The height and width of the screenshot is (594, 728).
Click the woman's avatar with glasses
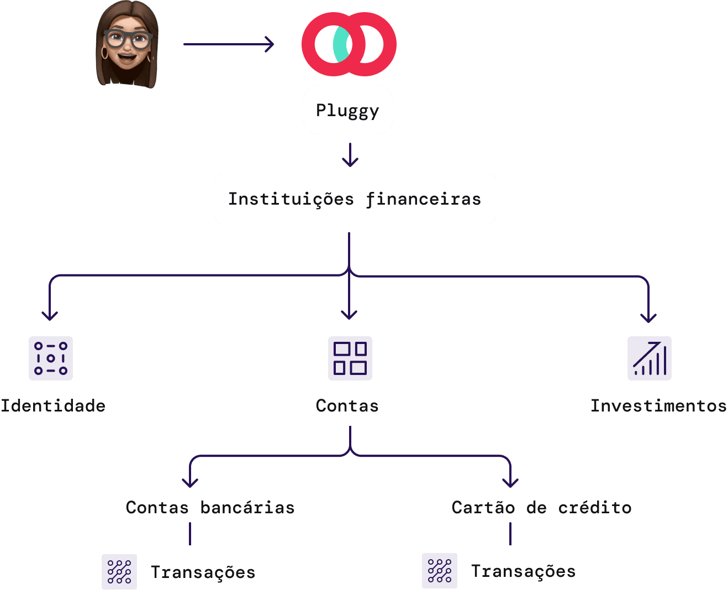127,44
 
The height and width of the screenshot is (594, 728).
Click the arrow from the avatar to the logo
228,44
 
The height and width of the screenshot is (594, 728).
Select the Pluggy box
347,110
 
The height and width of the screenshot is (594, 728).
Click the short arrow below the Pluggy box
350,155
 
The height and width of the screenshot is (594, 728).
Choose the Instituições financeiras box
355,199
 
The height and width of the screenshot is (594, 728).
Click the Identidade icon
51,358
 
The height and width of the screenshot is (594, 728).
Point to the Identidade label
53,405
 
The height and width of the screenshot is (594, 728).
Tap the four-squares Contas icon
350,358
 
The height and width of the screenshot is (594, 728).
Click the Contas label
347,405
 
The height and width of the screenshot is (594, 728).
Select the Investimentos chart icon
649,358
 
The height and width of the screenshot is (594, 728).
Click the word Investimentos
658,405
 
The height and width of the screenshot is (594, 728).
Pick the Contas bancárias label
210,507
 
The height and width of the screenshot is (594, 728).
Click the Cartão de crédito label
541,507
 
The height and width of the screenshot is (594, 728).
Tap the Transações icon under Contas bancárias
119,572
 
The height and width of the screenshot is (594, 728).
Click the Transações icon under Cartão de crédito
440,571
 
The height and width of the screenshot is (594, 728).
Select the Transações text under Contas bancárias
203,572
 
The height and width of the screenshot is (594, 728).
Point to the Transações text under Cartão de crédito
523,571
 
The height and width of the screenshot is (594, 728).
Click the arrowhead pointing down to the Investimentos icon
648,317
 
